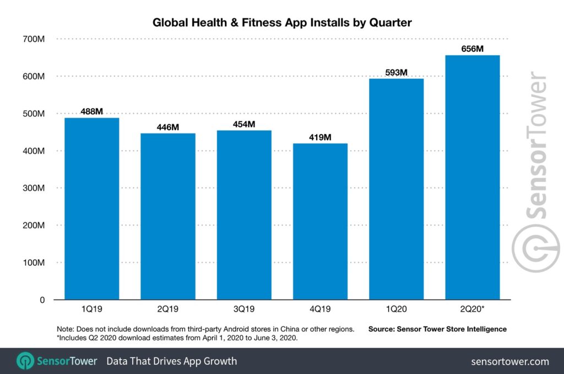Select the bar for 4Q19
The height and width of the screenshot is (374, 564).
(x=320, y=221)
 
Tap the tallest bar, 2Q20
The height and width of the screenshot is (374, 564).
(x=472, y=177)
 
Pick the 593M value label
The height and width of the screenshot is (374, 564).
(x=396, y=72)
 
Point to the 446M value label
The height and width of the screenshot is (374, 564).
(x=167, y=127)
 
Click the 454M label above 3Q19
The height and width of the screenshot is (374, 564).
(x=243, y=124)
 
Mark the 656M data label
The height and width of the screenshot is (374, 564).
(x=472, y=49)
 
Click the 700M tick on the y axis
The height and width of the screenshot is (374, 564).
(x=34, y=39)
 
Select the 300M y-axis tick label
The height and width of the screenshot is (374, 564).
(x=34, y=188)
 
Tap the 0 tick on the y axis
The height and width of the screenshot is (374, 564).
(x=42, y=300)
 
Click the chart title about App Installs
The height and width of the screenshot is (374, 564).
(x=281, y=23)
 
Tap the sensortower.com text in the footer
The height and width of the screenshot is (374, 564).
(x=510, y=361)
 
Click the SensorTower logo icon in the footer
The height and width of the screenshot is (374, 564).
(x=25, y=361)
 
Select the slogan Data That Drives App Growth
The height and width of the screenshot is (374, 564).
(x=171, y=361)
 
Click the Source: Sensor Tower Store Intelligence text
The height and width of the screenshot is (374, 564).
(x=437, y=329)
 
